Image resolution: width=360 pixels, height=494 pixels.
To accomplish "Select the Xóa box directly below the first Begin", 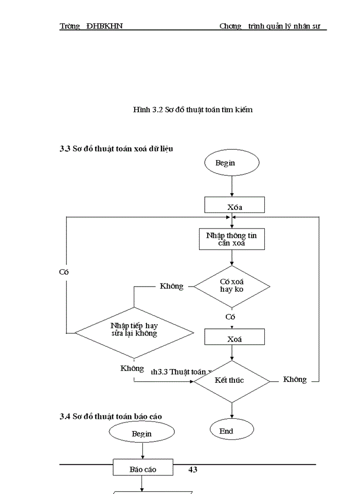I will point(235,205).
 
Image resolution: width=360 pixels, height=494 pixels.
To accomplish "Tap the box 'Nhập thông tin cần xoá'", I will point(232,239).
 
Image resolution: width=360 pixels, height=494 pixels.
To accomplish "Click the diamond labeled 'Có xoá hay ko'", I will point(232,286).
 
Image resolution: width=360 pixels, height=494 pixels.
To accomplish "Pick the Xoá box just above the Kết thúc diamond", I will point(235,337).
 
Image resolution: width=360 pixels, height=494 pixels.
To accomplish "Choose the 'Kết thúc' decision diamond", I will point(231,381).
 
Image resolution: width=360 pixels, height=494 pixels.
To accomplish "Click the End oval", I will point(231,431).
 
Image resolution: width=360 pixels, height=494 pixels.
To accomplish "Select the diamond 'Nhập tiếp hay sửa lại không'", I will point(134,329).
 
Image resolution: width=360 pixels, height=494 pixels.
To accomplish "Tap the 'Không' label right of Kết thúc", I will point(295,380).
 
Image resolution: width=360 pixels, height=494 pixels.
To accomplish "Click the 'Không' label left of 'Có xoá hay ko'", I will point(171,286).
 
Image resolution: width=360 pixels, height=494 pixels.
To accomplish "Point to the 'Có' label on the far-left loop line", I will point(64,272).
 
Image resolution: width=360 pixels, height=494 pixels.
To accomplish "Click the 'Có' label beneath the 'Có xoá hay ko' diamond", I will point(230,317).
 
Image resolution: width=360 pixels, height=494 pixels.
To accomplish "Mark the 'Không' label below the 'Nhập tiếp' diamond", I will point(132,368).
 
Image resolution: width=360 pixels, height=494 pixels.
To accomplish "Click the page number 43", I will point(193,469).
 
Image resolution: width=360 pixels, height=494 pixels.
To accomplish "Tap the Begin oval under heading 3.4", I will point(141,433).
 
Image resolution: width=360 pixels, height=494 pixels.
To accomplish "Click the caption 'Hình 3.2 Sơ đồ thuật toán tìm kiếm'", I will point(192,110).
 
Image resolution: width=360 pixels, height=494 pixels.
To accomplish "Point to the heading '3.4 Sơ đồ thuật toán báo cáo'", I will point(113,416).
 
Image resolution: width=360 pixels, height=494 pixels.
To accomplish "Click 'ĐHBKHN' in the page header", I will point(104,26).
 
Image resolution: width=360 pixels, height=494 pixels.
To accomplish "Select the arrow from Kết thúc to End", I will point(232,411).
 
